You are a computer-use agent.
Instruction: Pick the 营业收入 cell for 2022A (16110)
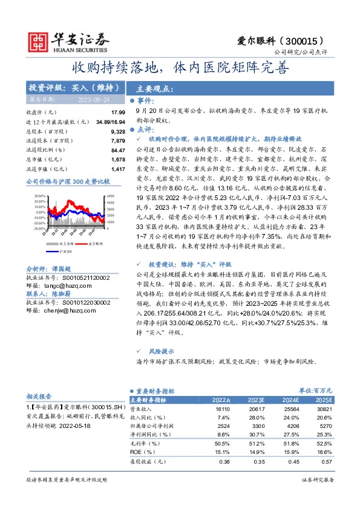(221, 409)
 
